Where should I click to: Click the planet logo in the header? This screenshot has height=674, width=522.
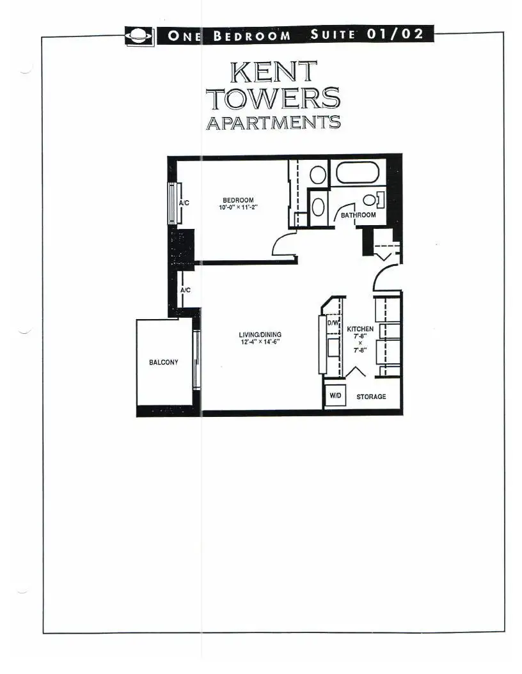click(139, 36)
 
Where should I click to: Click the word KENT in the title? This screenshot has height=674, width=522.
click(273, 72)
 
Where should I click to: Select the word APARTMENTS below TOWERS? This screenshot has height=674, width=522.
click(273, 123)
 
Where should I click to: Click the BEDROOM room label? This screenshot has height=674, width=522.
click(238, 200)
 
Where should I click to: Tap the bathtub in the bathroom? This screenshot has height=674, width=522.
click(358, 173)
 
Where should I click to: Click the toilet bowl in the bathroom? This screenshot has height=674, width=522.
click(369, 200)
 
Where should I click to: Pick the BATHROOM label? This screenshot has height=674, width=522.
click(358, 215)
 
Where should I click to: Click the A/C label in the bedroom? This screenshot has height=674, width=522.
click(184, 203)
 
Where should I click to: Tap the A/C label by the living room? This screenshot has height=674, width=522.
click(186, 290)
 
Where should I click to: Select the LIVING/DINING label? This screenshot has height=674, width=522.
click(260, 334)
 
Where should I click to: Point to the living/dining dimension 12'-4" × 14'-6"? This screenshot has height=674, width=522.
click(260, 342)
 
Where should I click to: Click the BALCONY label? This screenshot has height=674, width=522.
click(163, 363)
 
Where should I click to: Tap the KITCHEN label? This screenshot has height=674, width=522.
click(360, 329)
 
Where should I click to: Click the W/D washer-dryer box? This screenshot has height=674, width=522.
click(335, 395)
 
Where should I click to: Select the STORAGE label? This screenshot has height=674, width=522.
click(371, 396)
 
